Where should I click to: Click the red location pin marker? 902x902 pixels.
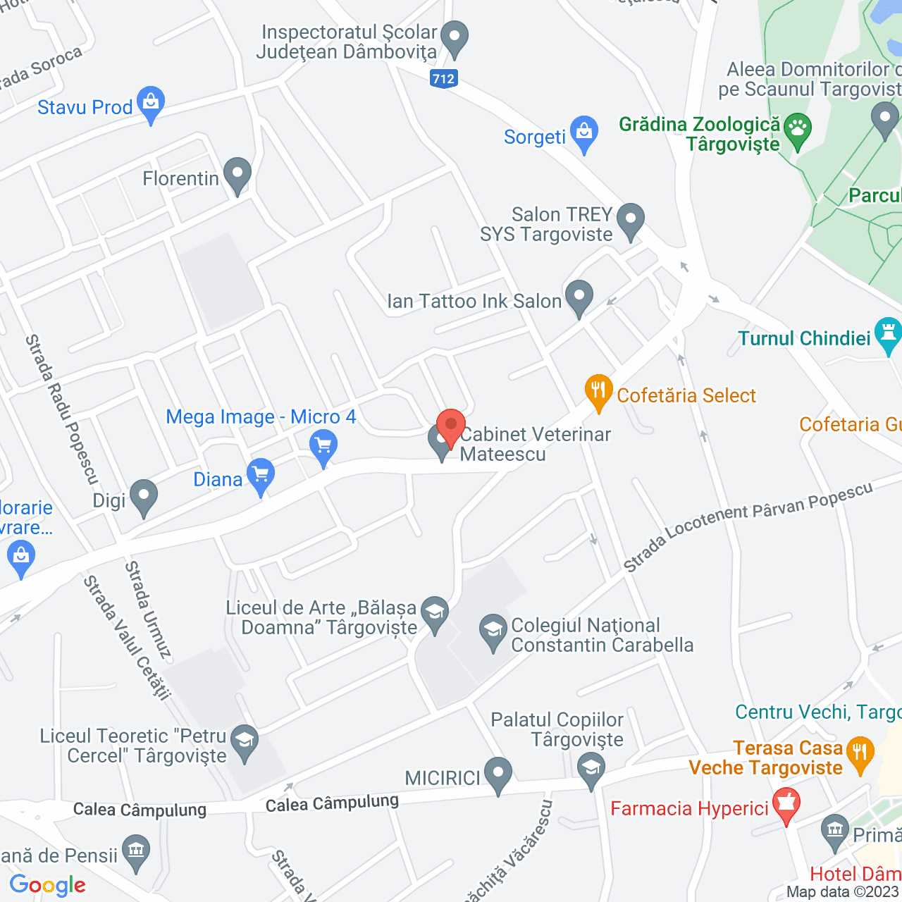[450, 427]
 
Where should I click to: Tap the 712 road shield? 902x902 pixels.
[443, 78]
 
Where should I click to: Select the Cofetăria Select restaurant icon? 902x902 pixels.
[598, 391]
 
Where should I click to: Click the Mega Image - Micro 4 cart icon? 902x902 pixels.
[323, 447]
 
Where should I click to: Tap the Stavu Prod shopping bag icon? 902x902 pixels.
[151, 103]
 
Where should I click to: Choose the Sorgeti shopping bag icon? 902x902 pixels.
[584, 132]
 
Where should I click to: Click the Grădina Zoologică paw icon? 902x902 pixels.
[798, 130]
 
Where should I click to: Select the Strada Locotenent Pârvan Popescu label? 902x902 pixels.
[748, 526]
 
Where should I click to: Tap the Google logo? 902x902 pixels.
[48, 885]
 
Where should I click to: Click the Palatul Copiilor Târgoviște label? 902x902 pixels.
[557, 729]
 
